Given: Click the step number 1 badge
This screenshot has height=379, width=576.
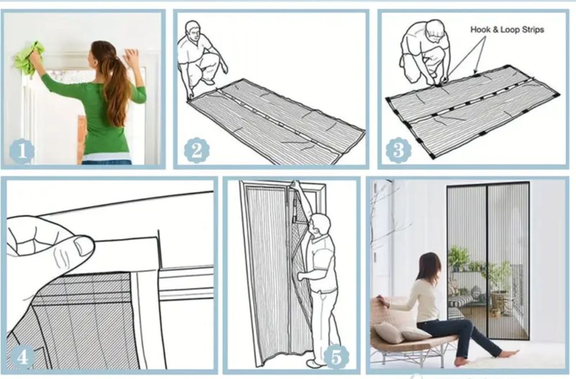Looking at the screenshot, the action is (x=22, y=151).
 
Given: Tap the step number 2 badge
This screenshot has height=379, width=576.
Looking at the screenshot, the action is (x=196, y=150).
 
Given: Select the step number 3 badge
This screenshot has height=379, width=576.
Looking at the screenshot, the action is (x=399, y=150).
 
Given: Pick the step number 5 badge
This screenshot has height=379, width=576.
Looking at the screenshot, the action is (x=336, y=356).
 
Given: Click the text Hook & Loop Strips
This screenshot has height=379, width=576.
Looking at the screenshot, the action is (x=507, y=30).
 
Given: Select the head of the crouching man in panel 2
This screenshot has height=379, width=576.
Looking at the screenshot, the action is (x=193, y=32).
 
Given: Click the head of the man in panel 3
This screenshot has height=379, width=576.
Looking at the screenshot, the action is (x=435, y=29).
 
